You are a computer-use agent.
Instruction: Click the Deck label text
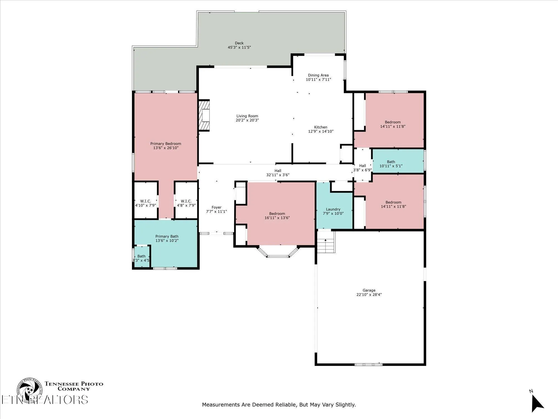[239, 43]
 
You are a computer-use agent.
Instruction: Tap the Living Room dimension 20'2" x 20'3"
[247, 120]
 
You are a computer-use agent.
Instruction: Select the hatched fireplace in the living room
[204, 115]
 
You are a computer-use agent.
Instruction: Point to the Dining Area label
[318, 75]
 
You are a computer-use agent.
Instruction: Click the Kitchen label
[321, 127]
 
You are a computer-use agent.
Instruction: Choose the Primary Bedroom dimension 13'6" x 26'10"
[166, 148]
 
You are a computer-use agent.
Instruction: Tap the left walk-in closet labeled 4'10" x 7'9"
[145, 203]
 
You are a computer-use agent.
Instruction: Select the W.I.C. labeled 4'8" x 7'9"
[186, 203]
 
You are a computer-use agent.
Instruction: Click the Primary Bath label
[167, 236]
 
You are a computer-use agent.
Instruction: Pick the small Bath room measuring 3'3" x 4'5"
[141, 258]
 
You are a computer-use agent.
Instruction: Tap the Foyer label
[217, 207]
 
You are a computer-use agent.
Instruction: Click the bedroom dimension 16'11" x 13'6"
[277, 218]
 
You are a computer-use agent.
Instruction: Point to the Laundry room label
[333, 209]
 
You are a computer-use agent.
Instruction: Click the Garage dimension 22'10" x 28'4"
[369, 295]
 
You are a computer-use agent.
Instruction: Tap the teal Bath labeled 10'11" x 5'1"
[391, 164]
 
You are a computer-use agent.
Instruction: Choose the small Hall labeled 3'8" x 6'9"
[362, 168]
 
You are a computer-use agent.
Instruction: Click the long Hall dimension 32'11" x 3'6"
[278, 175]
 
